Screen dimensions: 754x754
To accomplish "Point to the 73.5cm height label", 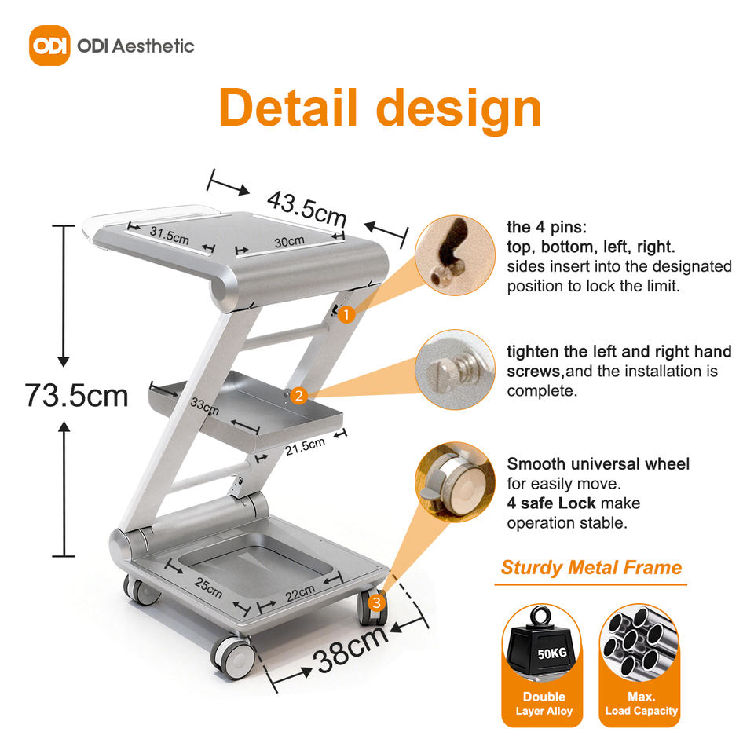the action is click(x=76, y=395).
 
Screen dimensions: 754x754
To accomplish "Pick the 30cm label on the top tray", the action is click(x=289, y=240).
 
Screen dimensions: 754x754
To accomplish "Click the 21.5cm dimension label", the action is click(x=305, y=447).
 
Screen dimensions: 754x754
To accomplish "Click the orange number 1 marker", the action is click(x=346, y=314).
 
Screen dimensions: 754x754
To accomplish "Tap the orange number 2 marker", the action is click(x=297, y=396).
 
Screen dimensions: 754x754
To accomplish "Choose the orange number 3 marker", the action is click(x=377, y=603).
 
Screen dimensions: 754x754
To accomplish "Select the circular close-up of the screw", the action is click(x=454, y=369).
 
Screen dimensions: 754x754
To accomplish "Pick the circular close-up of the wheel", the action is click(x=454, y=484).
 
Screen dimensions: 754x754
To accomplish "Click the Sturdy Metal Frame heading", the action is click(x=591, y=567).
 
